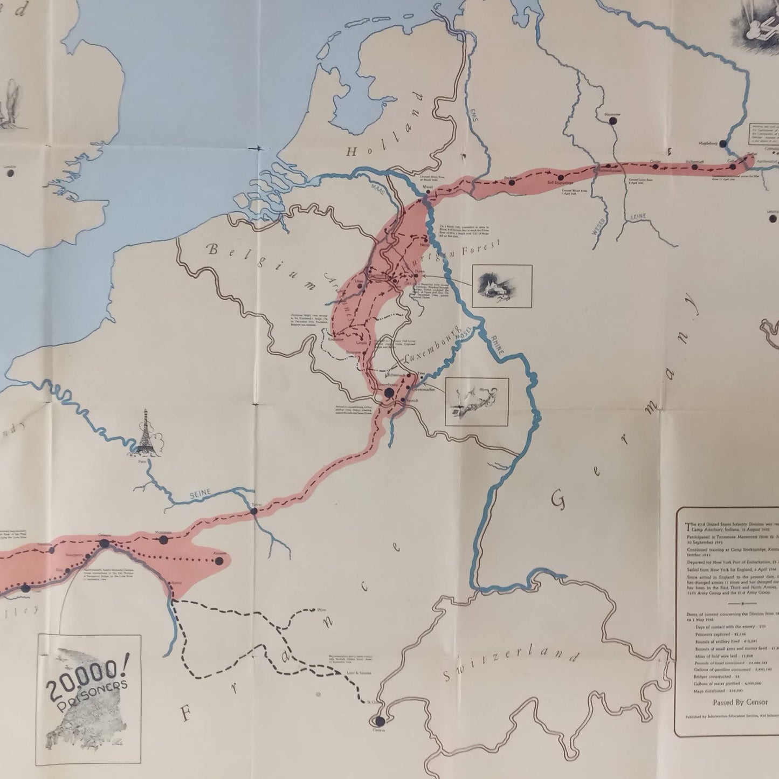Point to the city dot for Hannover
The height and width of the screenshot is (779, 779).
(612, 121)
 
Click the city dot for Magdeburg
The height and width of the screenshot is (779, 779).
(722, 144)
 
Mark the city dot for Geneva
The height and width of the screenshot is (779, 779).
(380, 721)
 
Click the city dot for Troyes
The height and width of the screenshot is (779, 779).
(254, 511)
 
